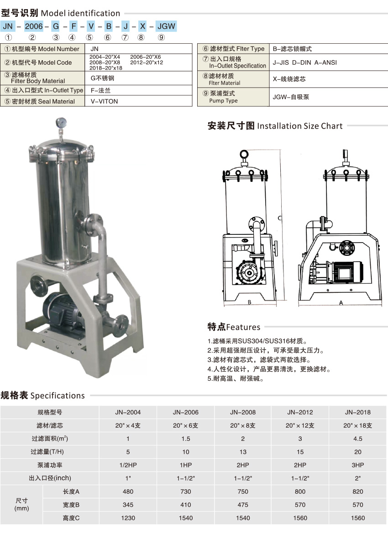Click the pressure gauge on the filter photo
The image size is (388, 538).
pyautogui.click(x=61, y=123)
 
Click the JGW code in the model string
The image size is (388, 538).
pyautogui.click(x=166, y=26)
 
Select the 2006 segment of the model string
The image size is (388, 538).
pyautogui.click(x=34, y=26)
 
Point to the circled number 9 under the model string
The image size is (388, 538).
pyautogui.click(x=161, y=37)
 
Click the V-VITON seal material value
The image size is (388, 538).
pyautogui.click(x=104, y=101)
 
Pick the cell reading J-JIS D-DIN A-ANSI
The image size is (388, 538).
pyautogui.click(x=304, y=62)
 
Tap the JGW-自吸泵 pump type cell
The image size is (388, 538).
pyautogui.click(x=291, y=97)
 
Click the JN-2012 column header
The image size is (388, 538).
pyautogui.click(x=300, y=412)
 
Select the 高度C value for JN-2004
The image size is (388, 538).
pyautogui.click(x=128, y=518)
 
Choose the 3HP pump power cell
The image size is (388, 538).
pyautogui.click(x=357, y=465)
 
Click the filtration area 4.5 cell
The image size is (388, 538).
pyautogui.click(x=357, y=439)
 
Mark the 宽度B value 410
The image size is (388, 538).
pyautogui.click(x=186, y=505)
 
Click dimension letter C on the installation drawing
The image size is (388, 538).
pyautogui.click(x=280, y=218)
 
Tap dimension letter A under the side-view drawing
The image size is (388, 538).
pyautogui.click(x=341, y=303)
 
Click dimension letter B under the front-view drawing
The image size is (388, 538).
pyautogui.click(x=250, y=302)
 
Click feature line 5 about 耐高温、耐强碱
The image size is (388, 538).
pyautogui.click(x=236, y=379)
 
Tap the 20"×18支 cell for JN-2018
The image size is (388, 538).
pyautogui.click(x=357, y=425)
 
